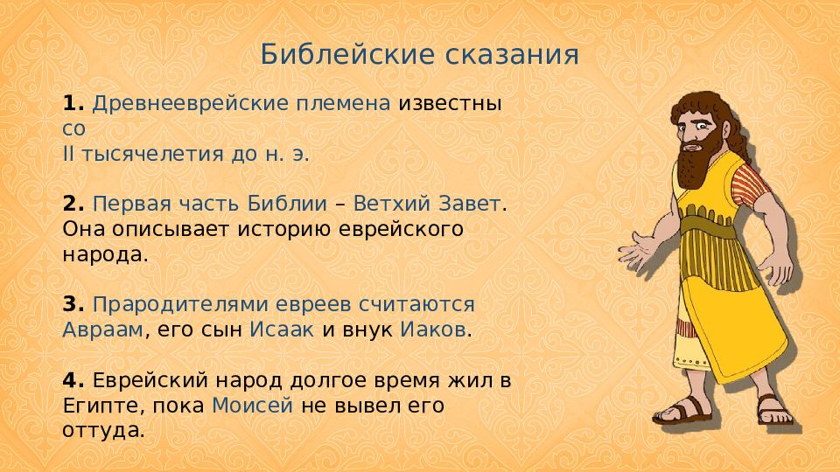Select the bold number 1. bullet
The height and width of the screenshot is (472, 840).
point(73,103)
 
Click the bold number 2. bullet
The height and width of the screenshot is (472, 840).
point(73,204)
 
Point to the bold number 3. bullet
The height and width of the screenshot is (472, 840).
point(73,304)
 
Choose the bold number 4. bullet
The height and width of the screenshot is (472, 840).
point(73,380)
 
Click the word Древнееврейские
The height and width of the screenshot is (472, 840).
point(191,104)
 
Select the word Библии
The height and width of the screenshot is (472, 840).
point(287,204)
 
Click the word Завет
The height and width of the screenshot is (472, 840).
point(470,204)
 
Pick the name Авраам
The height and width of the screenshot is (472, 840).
point(103,330)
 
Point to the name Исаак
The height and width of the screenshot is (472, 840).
point(282,330)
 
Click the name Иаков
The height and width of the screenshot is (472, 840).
point(433,330)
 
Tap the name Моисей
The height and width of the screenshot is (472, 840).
point(252,406)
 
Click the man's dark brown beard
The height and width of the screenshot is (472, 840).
point(697,158)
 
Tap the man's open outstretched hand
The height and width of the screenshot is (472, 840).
point(639,250)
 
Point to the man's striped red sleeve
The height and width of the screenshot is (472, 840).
point(750,185)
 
